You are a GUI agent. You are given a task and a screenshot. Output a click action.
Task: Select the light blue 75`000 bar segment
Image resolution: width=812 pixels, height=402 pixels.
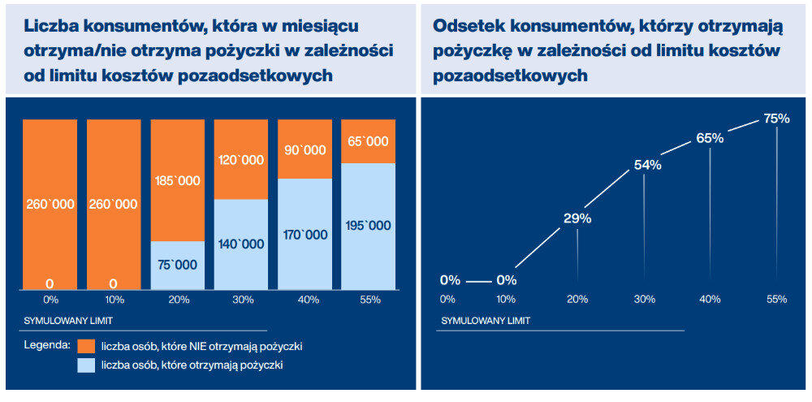tap(177, 266)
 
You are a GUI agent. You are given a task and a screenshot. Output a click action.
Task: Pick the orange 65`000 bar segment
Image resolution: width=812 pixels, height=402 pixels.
tap(368, 141)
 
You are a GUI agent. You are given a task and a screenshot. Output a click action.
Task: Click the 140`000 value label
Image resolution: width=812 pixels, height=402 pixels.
tap(241, 244)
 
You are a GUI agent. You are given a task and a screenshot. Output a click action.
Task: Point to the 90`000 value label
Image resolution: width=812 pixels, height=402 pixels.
tap(304, 150)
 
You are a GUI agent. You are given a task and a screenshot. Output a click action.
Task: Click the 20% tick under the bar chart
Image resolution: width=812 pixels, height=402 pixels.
tap(178, 300)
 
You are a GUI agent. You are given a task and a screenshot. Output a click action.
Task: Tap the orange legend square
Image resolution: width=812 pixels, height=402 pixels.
tap(87, 347)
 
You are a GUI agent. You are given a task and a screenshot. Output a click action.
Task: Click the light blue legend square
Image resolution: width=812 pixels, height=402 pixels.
tap(87, 365)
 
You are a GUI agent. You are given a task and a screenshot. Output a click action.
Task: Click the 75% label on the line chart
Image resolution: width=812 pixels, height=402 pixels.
tap(776, 119)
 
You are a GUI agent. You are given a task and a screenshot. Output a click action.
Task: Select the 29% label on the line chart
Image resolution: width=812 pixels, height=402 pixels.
tap(577, 218)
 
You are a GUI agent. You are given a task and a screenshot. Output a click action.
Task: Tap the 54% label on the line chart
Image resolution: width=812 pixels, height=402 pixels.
tap(647, 165)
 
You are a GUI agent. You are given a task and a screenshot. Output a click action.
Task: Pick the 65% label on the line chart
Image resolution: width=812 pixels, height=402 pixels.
tap(710, 138)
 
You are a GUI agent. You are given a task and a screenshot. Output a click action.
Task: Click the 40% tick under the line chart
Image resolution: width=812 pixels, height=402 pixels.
tap(710, 299)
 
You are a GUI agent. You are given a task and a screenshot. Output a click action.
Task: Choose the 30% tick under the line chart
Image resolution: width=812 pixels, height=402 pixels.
tap(645, 299)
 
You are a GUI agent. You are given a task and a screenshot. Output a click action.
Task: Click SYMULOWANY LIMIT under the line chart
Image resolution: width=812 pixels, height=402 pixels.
tap(486, 321)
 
